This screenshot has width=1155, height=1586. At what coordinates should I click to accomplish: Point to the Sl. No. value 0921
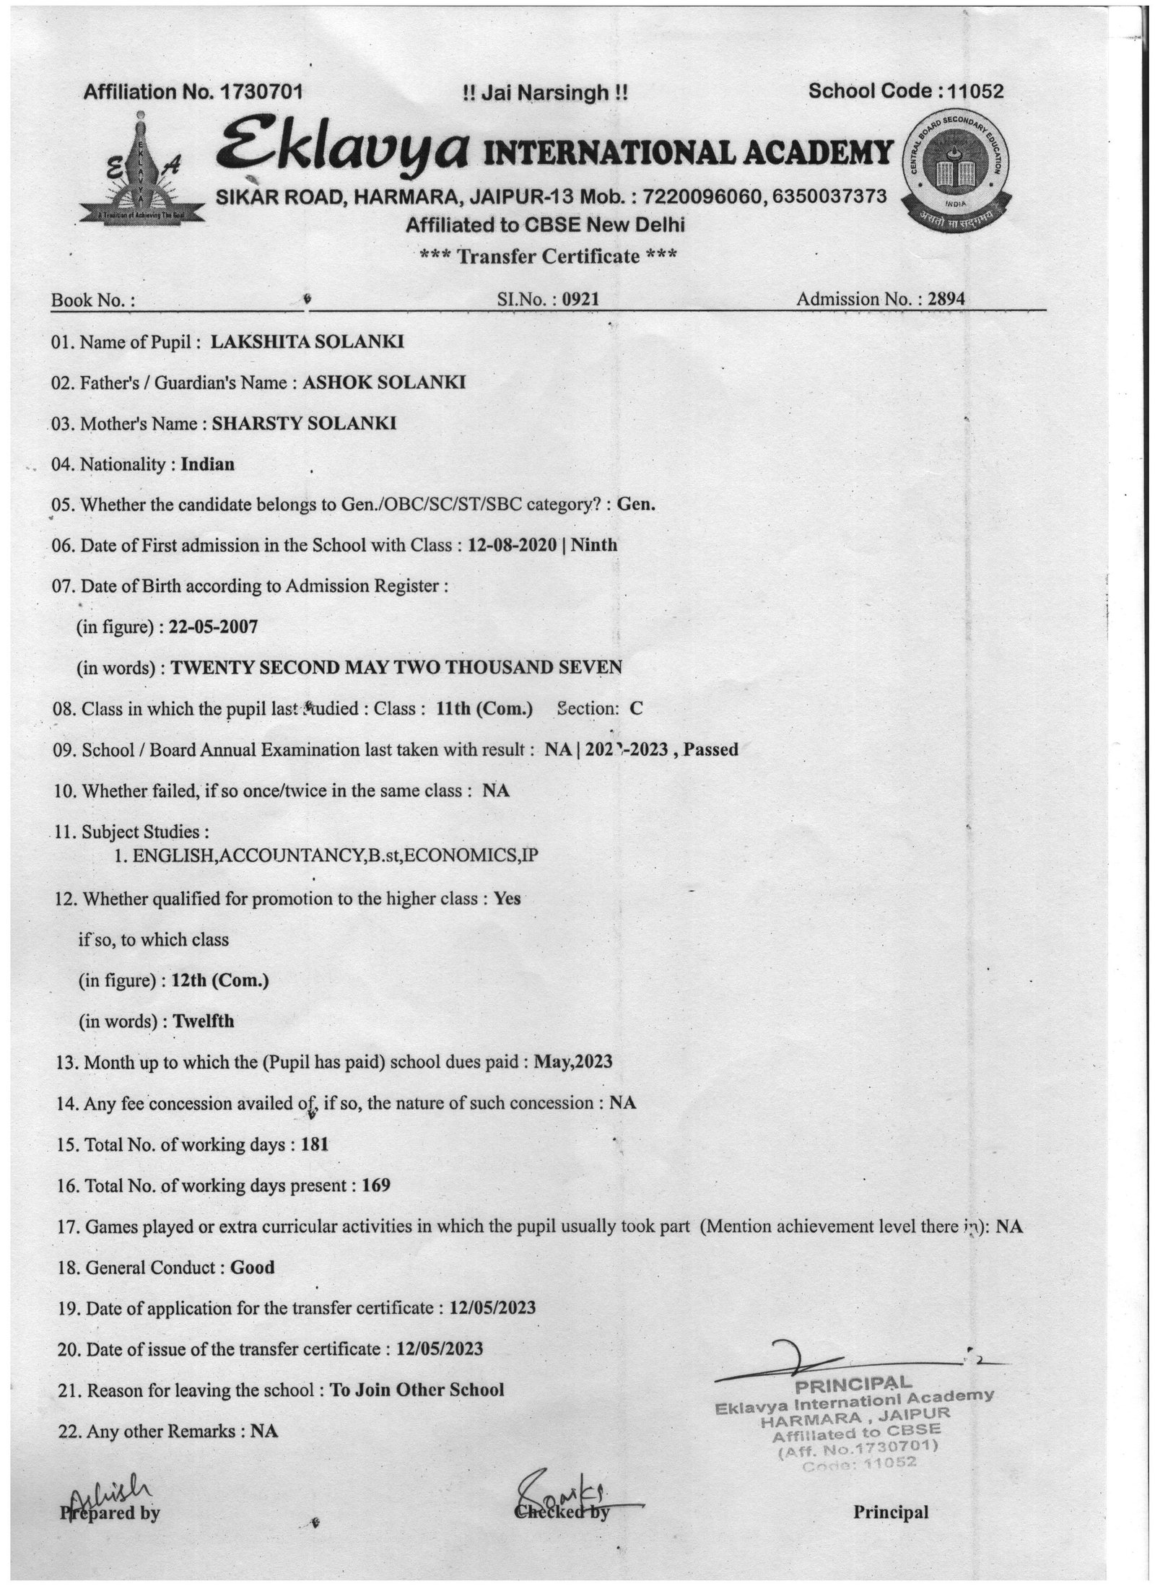click(581, 299)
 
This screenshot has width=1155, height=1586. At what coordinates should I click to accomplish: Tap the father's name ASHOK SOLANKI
click(383, 382)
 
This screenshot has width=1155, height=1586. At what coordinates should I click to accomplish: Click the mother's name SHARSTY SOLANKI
click(303, 423)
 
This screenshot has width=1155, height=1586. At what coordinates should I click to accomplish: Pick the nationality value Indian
click(207, 464)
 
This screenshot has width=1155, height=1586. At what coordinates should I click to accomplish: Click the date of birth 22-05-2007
click(213, 627)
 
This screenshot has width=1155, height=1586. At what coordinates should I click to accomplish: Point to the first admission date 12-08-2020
click(513, 545)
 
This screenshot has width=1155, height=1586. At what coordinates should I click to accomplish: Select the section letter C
click(636, 709)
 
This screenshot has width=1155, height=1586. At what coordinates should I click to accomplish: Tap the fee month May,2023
click(573, 1062)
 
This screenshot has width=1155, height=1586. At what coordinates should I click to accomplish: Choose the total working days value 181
click(315, 1144)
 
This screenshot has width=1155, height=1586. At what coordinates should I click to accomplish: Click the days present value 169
click(376, 1185)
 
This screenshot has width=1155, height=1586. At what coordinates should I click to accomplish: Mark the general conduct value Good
click(252, 1267)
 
